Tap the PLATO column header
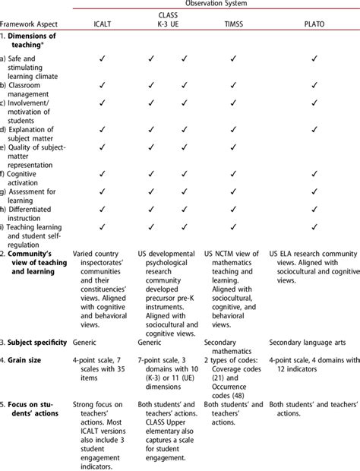314,25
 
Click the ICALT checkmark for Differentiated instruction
102,209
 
